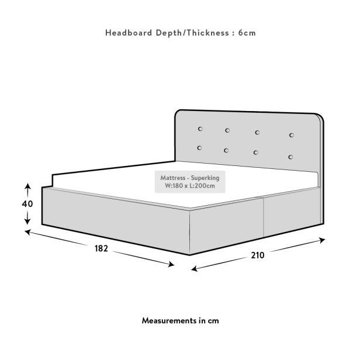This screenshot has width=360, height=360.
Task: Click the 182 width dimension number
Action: (101, 248)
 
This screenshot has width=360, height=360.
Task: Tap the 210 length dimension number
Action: (258, 255)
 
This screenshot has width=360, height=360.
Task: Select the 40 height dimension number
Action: (27, 203)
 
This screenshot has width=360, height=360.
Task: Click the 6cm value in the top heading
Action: (247, 33)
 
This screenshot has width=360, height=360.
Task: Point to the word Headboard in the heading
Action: (129, 33)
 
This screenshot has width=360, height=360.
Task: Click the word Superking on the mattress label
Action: (205, 178)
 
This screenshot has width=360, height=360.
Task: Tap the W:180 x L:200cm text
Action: (190, 185)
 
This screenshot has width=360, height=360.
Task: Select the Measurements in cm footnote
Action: (180, 320)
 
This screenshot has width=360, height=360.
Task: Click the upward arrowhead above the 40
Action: (27, 186)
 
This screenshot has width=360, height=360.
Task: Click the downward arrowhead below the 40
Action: (27, 221)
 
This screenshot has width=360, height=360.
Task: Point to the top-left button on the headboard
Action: (200, 129)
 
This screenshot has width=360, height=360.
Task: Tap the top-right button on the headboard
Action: (292, 135)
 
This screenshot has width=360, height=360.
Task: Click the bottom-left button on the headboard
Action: (199, 148)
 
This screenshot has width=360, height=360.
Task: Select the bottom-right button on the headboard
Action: (290, 157)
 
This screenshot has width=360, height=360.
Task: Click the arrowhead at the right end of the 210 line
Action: (322, 240)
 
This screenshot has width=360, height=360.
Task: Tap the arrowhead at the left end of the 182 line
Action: (28, 232)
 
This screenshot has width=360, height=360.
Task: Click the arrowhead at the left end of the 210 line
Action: (194, 269)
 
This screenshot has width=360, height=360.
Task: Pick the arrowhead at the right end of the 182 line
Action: (171, 265)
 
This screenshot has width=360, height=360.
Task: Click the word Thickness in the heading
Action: (207, 33)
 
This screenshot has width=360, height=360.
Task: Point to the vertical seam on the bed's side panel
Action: (264, 217)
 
